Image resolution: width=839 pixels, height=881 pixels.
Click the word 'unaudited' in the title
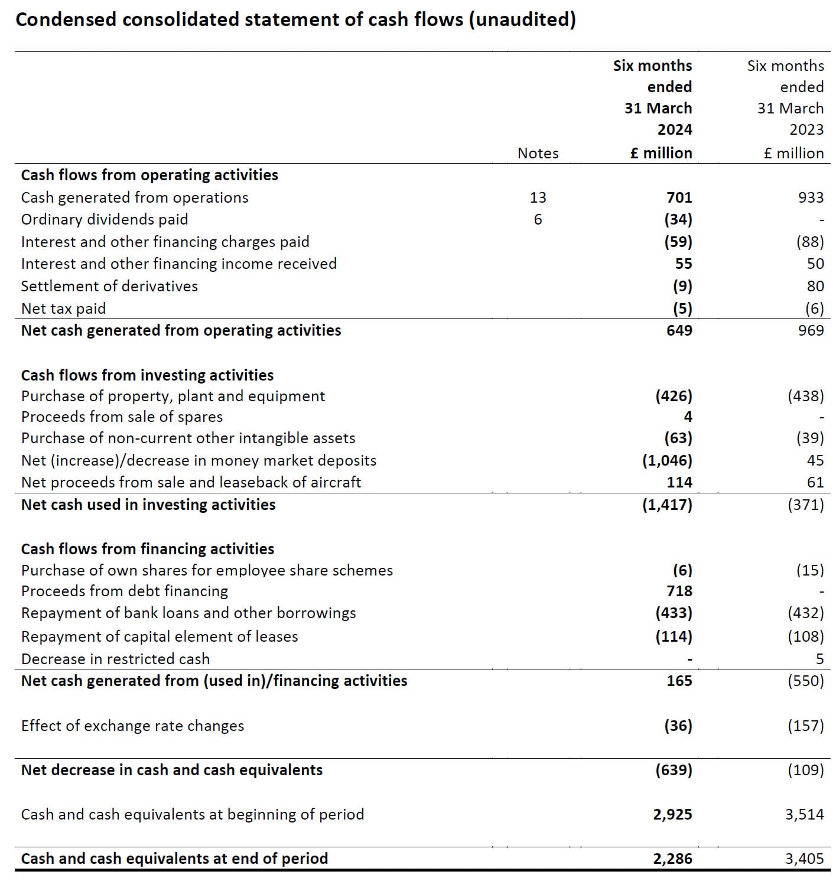(522, 19)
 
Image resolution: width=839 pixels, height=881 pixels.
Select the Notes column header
(538, 153)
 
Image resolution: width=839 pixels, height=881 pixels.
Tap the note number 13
(538, 197)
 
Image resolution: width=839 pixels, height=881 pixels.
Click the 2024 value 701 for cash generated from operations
(679, 197)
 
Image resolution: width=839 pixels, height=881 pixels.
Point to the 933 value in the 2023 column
(811, 197)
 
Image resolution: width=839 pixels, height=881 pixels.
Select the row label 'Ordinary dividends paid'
(105, 219)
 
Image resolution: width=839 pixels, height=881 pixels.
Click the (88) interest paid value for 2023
(809, 242)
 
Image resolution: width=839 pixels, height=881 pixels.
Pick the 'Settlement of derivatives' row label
(109, 286)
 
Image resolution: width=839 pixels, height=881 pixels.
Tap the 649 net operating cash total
(679, 330)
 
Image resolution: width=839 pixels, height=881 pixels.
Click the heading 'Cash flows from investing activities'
(147, 375)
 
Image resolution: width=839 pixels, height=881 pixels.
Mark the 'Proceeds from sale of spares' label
(122, 417)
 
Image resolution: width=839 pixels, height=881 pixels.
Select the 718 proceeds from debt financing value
(679, 591)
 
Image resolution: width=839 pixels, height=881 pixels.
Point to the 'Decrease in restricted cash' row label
(115, 659)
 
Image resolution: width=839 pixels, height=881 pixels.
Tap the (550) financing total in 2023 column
(805, 681)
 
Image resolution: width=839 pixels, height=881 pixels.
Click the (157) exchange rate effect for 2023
(805, 726)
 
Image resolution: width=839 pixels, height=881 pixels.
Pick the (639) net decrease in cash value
(674, 770)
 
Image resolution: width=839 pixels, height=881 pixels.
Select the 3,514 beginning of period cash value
(804, 814)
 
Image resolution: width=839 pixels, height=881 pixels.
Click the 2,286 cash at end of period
(672, 859)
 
